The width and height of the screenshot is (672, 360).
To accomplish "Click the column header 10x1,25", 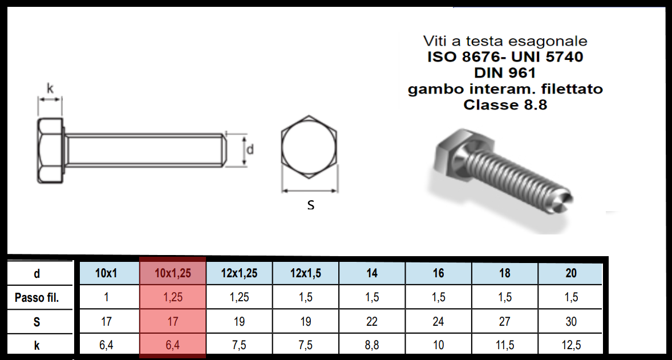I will pos(173,273).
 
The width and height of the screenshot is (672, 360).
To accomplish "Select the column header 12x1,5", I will pos(306,273).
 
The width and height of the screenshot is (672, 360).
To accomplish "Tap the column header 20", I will pos(570,273).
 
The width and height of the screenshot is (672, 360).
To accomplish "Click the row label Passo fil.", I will pos(37,297).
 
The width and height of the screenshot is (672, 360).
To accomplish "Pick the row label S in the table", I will pos(37,322).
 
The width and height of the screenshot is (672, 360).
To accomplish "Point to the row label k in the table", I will pos(37,346).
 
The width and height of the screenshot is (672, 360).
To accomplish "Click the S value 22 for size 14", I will pos(372,322).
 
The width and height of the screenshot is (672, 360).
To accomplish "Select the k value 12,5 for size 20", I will pos(570,346).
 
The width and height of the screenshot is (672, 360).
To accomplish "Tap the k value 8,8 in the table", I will pos(372,346).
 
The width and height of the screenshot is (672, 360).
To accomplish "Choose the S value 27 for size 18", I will pos(504,322).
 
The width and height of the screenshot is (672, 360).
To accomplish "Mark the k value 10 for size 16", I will pos(438,346).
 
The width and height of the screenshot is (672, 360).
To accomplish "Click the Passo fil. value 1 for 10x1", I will pos(106,297).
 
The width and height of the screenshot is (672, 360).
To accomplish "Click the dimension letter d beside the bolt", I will pos(249,150).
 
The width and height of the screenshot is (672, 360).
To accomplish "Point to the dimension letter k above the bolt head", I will pos(50,88).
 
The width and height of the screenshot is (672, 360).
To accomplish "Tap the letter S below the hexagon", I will pos(310,205).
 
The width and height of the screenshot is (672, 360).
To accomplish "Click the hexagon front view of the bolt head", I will pos(310,148).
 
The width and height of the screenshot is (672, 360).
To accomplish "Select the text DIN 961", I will pos(505,73).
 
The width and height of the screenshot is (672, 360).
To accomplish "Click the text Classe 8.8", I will pos(505,105).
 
